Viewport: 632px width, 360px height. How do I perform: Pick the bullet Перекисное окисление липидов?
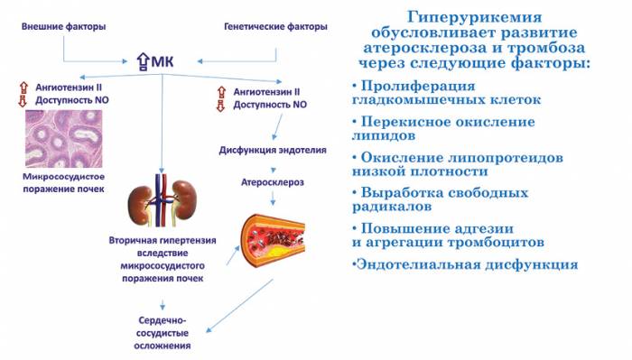(442, 129)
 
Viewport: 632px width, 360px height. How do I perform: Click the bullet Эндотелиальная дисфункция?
(464, 264)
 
